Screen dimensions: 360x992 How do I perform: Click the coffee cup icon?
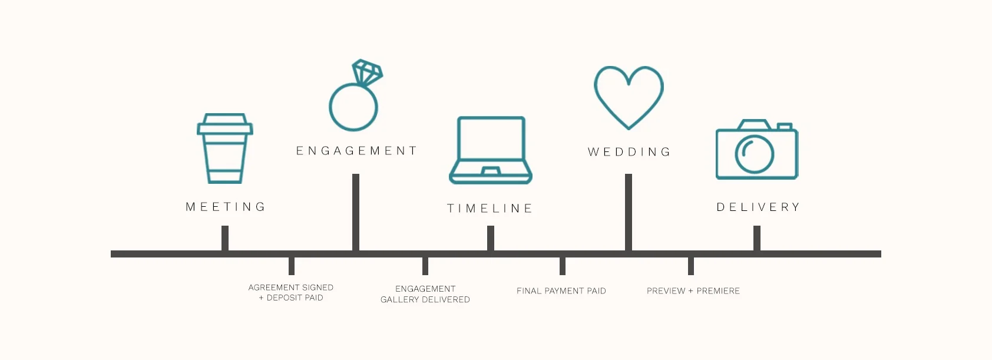[x=224, y=150]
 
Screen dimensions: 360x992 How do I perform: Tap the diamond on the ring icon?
[x=367, y=72]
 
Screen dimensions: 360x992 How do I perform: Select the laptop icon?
[x=491, y=150]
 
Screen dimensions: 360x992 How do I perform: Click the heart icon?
[x=629, y=94]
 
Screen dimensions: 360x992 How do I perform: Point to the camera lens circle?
[x=754, y=154]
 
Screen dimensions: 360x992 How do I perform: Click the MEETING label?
[x=226, y=207]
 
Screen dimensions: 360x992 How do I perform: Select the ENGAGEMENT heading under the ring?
[x=356, y=151]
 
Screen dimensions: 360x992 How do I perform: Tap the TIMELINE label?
[x=490, y=209]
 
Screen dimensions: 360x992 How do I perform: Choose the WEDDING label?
[x=629, y=152]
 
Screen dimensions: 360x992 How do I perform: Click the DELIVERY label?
[x=758, y=207]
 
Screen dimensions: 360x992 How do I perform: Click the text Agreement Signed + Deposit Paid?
[x=291, y=292]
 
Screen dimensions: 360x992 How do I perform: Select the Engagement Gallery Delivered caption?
[x=425, y=294]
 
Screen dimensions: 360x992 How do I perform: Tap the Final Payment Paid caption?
[x=561, y=291]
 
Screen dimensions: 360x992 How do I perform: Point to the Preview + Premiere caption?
[x=693, y=291]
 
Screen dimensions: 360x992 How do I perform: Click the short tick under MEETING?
[x=225, y=238]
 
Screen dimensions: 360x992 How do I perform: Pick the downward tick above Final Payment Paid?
[x=563, y=266]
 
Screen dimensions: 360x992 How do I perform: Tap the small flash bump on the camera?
[x=784, y=127]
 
